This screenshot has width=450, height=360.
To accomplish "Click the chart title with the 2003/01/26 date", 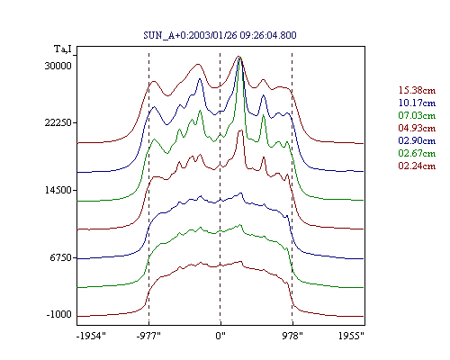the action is pos(220,35).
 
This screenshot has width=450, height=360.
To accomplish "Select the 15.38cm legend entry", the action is pos(417,90).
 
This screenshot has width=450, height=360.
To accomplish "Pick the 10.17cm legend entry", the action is pos(417,103).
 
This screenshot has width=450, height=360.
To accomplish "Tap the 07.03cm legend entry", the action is pos(417,115).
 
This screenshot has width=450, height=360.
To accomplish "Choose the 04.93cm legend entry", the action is pos(417,128).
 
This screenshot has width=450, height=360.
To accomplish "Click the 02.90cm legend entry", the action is pos(417,140).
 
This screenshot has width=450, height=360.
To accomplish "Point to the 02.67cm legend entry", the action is pos(417,153).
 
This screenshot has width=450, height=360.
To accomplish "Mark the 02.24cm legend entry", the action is pos(417,166).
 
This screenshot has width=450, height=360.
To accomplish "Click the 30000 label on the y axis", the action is pos(58,66).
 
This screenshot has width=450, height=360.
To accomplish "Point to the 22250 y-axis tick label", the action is pos(58,122).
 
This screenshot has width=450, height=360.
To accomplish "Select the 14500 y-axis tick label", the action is pos(58,190).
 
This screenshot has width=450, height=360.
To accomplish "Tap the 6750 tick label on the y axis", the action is pos(60,257).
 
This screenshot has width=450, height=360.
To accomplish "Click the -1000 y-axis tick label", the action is pos(58,314).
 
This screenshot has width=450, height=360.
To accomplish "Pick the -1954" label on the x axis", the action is pos(91,336).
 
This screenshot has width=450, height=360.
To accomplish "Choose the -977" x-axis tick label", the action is pos(148,336).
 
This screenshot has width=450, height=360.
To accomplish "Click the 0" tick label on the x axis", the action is pos(220,336).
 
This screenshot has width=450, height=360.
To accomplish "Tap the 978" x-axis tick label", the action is pos(292,336).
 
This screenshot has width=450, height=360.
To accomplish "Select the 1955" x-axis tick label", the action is pos(351,336).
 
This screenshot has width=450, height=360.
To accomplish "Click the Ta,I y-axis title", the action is pos(63,49).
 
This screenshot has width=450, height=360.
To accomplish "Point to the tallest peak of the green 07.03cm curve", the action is pos(239,58).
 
